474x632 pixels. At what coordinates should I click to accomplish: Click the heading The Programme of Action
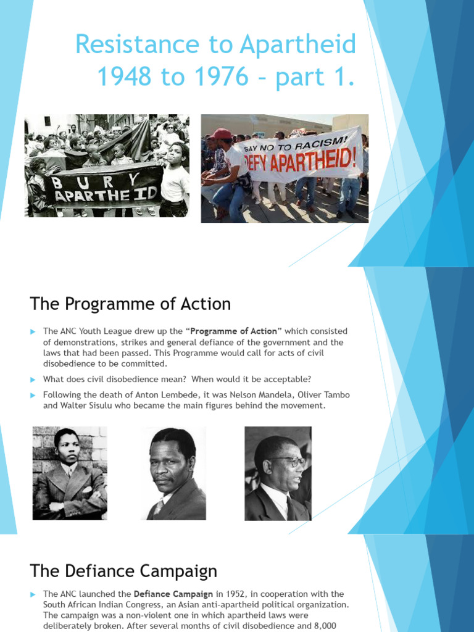coord(130,304)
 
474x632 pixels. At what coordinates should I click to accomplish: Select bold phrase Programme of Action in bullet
coord(233,331)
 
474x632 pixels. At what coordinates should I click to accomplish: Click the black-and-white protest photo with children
coord(107,165)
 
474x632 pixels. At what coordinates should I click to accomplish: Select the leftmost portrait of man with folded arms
coord(70,473)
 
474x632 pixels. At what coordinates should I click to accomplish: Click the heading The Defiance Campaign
coord(123,570)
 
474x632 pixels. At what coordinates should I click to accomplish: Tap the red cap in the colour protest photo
coord(220,133)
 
